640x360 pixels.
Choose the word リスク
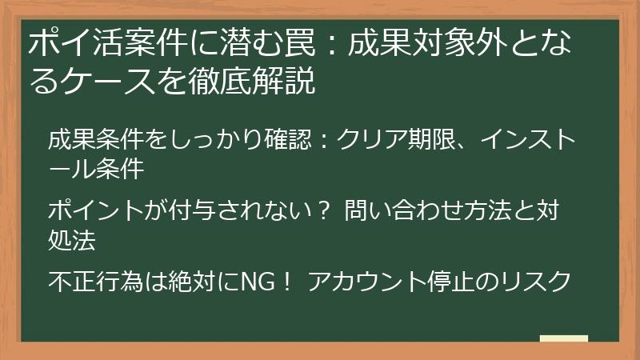coord(535,282)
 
